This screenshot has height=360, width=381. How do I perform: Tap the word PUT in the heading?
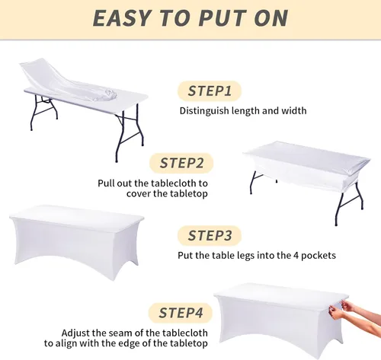pos(223,18)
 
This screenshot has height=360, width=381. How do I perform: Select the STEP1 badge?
pos(210,91)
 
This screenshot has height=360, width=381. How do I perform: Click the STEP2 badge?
pos(181,163)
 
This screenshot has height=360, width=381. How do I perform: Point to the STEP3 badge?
pos(210,235)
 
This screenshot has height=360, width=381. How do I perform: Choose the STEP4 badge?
pos(181,313)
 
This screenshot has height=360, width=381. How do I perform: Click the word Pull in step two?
pos(106,183)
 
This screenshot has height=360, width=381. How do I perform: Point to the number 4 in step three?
pos(296,255)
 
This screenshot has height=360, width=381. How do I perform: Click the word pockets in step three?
pos(319,256)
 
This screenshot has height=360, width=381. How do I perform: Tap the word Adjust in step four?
pos(75,333)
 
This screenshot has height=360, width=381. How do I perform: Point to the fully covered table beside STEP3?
pos(76,241)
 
